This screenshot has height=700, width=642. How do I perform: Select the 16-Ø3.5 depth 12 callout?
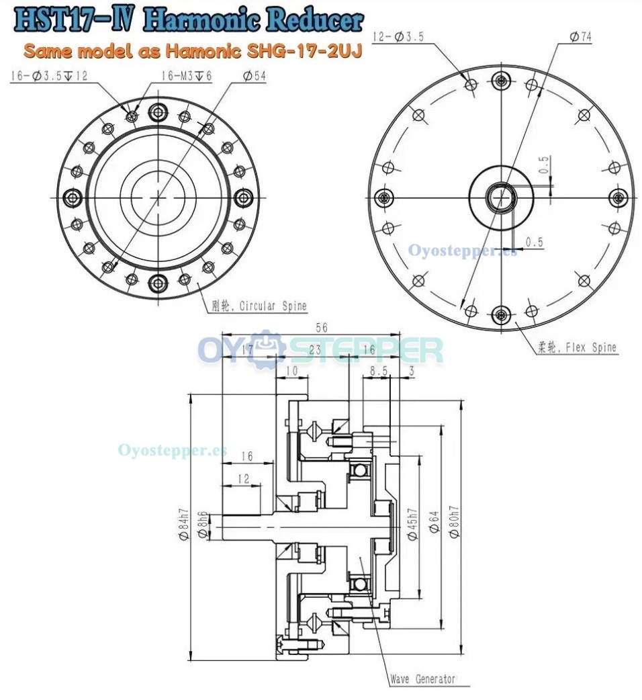49,77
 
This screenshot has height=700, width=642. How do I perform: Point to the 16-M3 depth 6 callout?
187,77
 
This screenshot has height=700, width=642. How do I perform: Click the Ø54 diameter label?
253,77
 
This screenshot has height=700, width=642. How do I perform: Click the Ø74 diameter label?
580,38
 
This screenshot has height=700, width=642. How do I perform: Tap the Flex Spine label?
577,348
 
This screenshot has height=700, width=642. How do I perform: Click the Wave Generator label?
423,679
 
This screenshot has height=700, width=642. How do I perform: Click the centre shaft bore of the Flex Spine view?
500,198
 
